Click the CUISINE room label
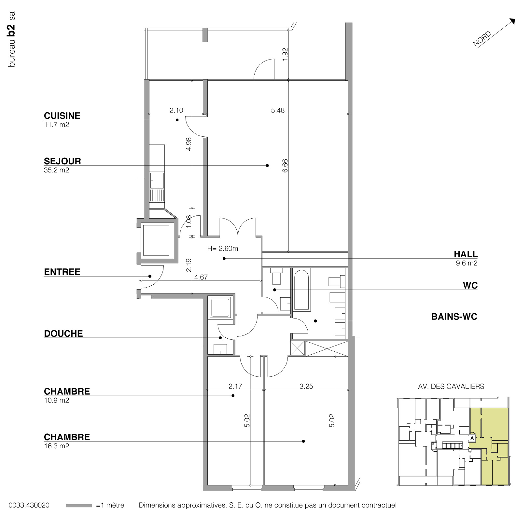(62, 116)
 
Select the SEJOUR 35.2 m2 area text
(56, 170)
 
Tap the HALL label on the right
(466, 254)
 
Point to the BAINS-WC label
(454, 317)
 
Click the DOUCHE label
(63, 333)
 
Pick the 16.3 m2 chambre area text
(56, 446)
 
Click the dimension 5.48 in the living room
(278, 110)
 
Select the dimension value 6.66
(285, 166)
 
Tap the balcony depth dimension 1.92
(285, 54)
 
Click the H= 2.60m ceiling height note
(223, 249)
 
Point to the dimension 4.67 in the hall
(201, 277)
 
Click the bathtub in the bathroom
(301, 290)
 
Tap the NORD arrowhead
(512, 21)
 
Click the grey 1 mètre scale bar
(79, 506)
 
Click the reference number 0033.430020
(29, 506)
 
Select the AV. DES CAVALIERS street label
(451, 386)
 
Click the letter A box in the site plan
(472, 438)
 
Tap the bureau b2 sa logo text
(12, 39)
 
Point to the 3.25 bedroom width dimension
(306, 386)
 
